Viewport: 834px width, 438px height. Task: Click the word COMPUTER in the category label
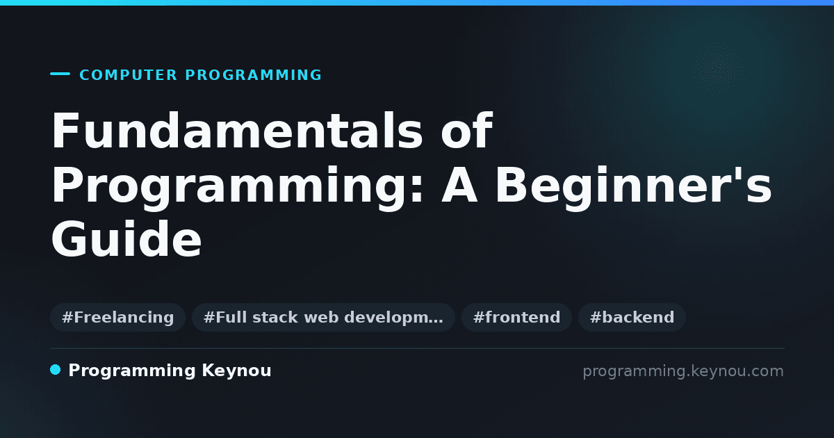(128, 75)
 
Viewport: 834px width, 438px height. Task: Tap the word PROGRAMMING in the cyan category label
(253, 75)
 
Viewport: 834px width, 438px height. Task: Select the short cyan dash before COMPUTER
(60, 74)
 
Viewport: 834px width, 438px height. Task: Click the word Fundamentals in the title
(237, 131)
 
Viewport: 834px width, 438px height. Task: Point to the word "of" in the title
(467, 130)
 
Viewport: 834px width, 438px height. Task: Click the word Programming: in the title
(238, 188)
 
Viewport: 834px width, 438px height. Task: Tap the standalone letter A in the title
(459, 185)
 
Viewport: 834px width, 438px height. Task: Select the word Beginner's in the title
(633, 188)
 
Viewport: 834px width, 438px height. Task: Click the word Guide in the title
(126, 238)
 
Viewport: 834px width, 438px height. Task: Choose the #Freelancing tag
(117, 317)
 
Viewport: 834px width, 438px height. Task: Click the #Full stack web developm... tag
(323, 317)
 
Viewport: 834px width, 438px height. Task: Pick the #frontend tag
(516, 317)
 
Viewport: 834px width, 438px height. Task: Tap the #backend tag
(632, 317)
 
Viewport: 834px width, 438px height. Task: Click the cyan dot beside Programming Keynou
(55, 370)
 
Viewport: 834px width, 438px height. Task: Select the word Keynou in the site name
(236, 371)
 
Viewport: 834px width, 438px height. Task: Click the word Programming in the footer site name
(132, 371)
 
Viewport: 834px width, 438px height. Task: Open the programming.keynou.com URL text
(683, 371)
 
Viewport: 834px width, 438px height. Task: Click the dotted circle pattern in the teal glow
(718, 67)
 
